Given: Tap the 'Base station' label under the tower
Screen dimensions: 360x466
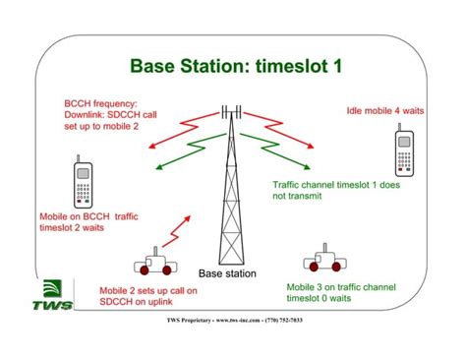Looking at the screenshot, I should click(x=227, y=273).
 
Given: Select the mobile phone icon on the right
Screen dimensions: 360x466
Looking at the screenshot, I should click(x=405, y=154).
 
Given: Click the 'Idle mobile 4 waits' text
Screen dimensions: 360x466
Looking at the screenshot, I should click(x=385, y=111).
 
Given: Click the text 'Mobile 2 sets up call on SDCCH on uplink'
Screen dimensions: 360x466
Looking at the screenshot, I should click(x=148, y=297).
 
